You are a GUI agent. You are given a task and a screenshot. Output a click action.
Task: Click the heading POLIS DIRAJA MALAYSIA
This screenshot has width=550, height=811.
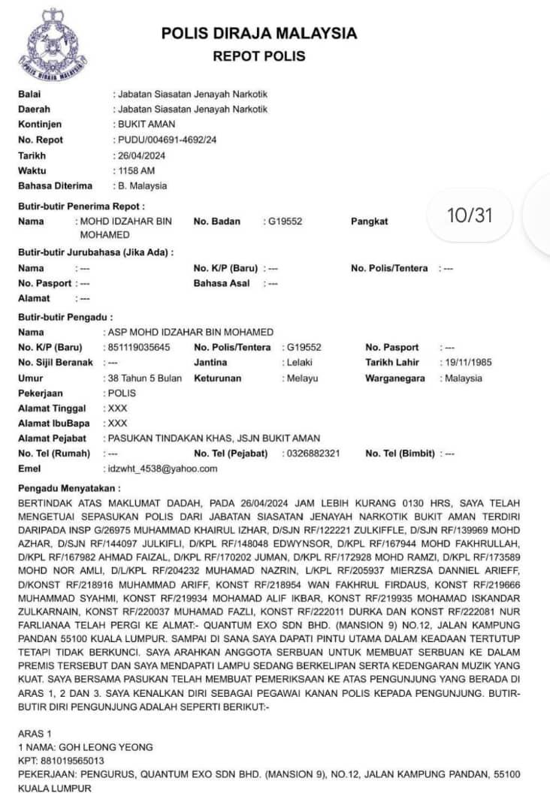pos(259,34)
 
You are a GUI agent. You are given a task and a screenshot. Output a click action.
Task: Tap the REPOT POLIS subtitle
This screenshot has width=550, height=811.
pos(259,56)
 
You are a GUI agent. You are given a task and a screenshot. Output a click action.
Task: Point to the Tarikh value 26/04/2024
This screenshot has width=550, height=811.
pos(141,155)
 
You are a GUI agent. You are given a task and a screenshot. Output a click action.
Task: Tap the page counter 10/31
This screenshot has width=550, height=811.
pos(470,216)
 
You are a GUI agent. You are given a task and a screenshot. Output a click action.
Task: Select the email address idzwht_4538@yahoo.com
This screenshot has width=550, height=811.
pos(162,469)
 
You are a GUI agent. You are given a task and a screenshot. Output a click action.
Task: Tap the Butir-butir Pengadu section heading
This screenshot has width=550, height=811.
pos(65,318)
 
